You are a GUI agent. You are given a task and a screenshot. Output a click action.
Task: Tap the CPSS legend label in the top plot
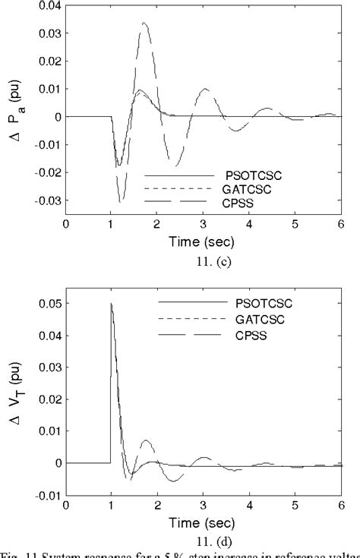coord(237,200)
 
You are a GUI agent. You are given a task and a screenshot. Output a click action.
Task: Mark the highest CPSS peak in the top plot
coord(144,23)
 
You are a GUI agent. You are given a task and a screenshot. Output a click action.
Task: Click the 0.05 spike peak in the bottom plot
coord(112,303)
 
